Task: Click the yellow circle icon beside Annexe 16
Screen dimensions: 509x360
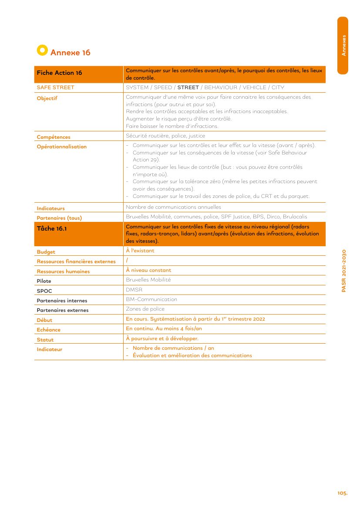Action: click(42, 50)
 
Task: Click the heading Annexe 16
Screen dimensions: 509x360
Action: click(71, 53)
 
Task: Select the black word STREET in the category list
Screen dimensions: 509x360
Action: click(188, 87)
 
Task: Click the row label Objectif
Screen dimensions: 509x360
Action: click(47, 98)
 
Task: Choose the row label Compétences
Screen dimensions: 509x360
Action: click(54, 137)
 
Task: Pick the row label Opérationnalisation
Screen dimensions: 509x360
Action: click(62, 147)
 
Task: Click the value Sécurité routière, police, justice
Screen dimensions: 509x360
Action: click(165, 136)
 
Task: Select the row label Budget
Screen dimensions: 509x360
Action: click(46, 252)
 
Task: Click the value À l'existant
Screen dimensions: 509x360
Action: click(140, 251)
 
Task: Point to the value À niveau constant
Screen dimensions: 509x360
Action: click(148, 270)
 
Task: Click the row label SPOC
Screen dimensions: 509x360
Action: click(44, 291)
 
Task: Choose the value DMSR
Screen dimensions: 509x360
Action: click(134, 289)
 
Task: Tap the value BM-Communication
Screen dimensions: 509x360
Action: click(151, 299)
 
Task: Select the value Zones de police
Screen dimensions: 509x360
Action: click(145, 309)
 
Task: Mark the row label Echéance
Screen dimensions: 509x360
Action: click(49, 330)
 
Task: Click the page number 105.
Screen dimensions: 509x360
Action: click(342, 493)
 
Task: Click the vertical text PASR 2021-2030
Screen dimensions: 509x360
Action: click(344, 271)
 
